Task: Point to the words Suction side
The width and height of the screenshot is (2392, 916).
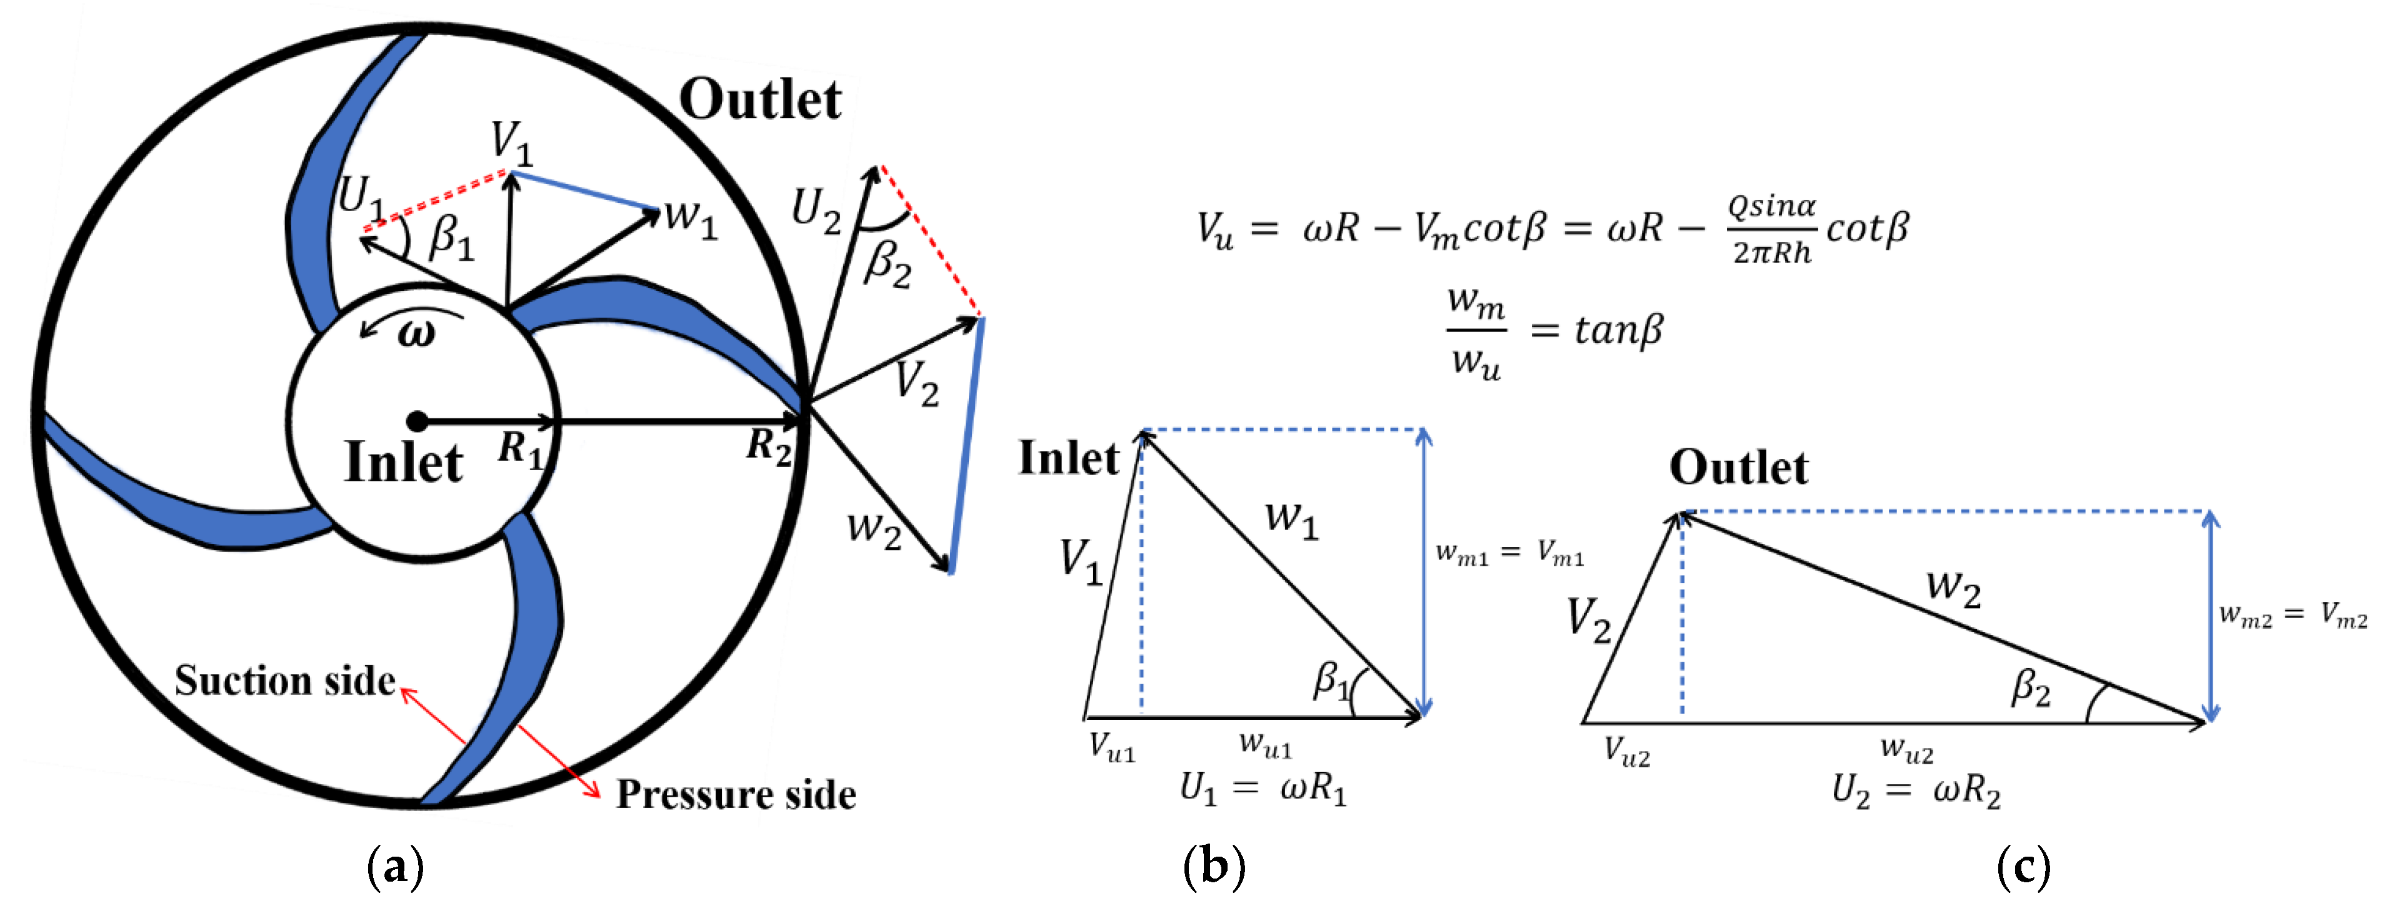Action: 284,680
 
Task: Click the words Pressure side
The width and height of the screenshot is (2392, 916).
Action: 736,794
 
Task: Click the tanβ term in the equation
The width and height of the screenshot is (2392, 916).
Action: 1618,330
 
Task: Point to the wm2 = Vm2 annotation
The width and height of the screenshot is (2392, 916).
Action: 2293,615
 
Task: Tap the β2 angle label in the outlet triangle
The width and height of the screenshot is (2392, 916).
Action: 2031,689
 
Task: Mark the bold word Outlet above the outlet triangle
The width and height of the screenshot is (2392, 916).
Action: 1738,467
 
